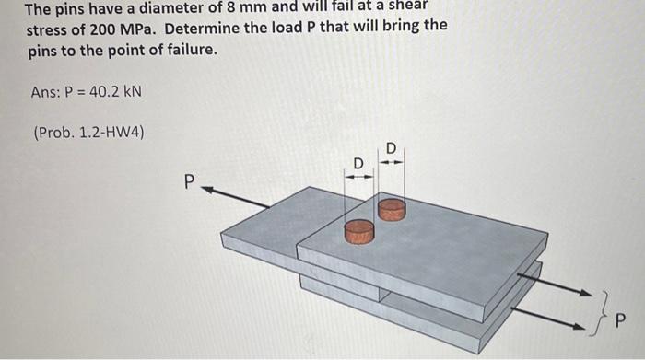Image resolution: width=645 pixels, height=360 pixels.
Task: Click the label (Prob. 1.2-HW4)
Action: click(88, 133)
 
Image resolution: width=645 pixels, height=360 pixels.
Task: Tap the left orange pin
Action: click(359, 230)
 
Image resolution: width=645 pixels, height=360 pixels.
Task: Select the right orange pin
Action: click(392, 209)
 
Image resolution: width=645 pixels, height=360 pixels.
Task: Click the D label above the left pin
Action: click(358, 163)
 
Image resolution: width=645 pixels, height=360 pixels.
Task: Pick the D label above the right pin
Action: click(391, 147)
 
